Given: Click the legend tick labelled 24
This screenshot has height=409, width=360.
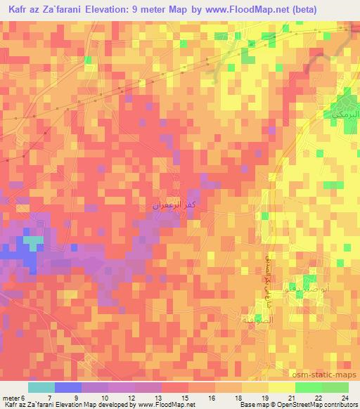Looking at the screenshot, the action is (345, 398).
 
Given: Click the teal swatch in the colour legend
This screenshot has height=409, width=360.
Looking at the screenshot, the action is (41, 387).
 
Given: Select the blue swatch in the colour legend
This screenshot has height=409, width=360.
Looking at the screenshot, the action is (68, 387).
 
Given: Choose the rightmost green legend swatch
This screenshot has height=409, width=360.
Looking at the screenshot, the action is (335, 387).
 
